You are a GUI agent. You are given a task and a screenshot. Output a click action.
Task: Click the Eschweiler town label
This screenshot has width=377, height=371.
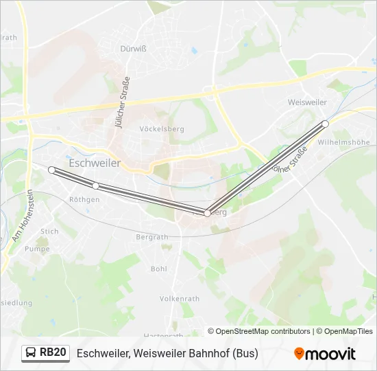point(95,164)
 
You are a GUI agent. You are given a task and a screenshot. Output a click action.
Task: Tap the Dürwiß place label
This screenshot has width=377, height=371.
point(134,49)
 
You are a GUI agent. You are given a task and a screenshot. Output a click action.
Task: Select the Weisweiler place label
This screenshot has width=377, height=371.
point(306,102)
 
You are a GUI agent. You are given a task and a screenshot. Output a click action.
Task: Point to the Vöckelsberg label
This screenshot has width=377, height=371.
point(162,128)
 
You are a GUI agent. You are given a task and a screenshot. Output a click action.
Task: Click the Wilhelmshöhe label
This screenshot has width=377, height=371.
point(344,142)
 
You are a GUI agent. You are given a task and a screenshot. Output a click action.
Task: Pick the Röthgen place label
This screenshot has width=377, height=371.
point(84,199)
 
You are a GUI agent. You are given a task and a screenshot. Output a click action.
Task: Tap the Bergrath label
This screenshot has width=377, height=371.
point(152,236)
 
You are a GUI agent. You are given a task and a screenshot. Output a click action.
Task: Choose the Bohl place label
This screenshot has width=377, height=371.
point(158,269)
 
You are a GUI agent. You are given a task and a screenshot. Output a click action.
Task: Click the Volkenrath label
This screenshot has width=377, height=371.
point(180,299)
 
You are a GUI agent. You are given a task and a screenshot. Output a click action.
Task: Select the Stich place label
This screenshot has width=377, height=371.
point(49,232)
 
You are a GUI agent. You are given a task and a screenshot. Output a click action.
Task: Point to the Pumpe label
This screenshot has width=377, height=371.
point(37,249)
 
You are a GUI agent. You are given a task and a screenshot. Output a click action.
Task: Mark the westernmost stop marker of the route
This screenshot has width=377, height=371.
point(51,170)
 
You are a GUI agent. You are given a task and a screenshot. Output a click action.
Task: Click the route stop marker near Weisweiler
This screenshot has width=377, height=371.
point(326,124)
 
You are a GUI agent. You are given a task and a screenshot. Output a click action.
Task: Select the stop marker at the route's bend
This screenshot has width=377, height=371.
point(207,213)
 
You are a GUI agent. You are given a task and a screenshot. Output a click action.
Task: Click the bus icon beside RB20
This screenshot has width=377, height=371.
point(31,353)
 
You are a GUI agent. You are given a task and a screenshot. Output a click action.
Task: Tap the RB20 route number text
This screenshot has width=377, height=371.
point(53,353)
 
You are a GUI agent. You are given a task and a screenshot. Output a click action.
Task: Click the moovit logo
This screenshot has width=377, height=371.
point(325,354)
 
